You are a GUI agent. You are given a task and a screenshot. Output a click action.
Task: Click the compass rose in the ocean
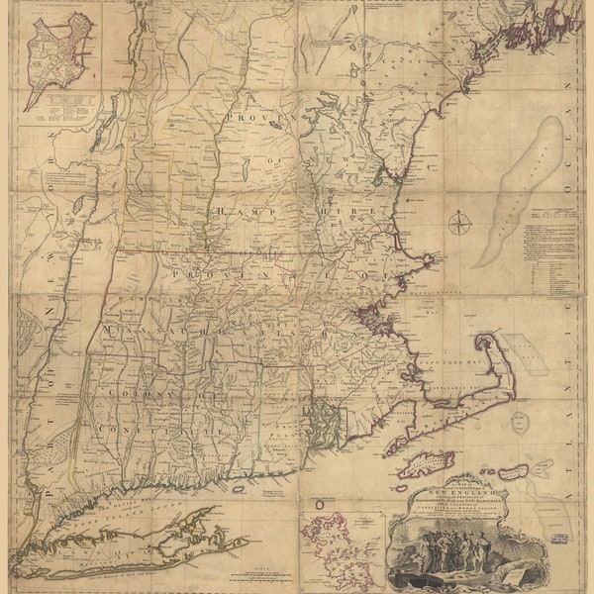click(x=458, y=223)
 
